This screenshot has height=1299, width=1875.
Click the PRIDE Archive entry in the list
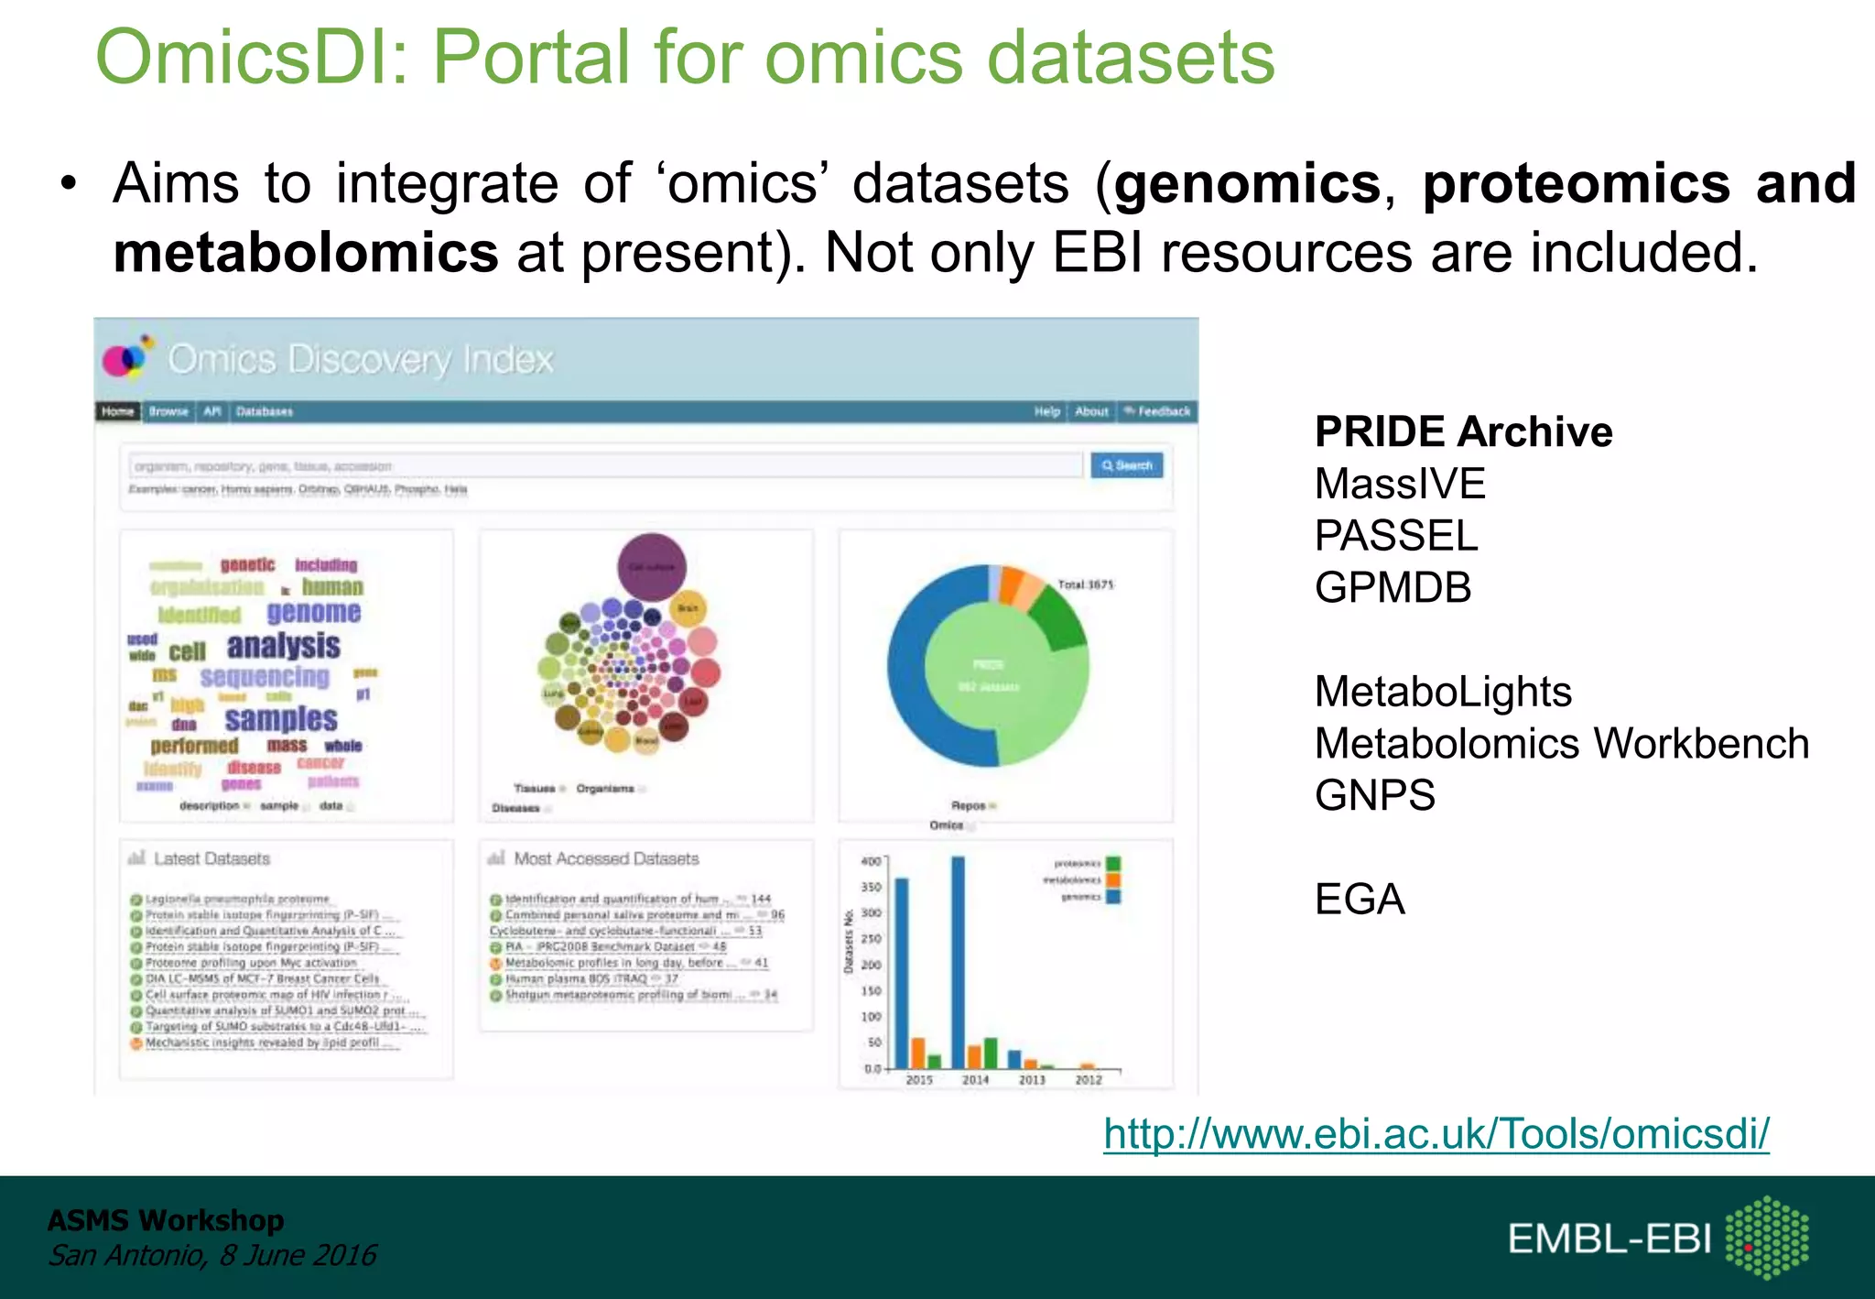(x=1463, y=431)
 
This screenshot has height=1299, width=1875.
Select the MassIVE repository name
(x=1400, y=484)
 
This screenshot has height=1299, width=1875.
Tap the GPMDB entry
(x=1393, y=587)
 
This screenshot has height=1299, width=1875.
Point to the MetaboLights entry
(x=1443, y=692)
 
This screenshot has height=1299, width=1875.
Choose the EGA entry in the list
(x=1360, y=900)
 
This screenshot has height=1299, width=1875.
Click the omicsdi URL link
(x=1436, y=1134)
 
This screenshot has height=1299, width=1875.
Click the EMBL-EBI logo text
(x=1609, y=1239)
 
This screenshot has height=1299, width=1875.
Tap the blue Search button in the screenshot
(x=1127, y=465)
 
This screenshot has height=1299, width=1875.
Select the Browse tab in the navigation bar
(x=168, y=411)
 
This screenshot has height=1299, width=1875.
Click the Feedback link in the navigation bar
(x=1158, y=411)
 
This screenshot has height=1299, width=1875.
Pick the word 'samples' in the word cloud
(x=281, y=718)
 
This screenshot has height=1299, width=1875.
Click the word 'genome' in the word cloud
(x=314, y=612)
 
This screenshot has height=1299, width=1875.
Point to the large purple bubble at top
(x=651, y=567)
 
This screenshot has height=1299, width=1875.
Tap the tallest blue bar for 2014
(x=958, y=962)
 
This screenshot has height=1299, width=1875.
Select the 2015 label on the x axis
(x=919, y=1080)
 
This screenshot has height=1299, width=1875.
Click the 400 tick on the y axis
(x=871, y=861)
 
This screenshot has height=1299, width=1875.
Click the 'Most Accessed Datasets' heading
(x=606, y=859)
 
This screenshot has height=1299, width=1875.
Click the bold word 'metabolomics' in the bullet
(x=306, y=253)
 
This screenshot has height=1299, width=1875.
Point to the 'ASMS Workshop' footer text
(x=166, y=1220)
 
